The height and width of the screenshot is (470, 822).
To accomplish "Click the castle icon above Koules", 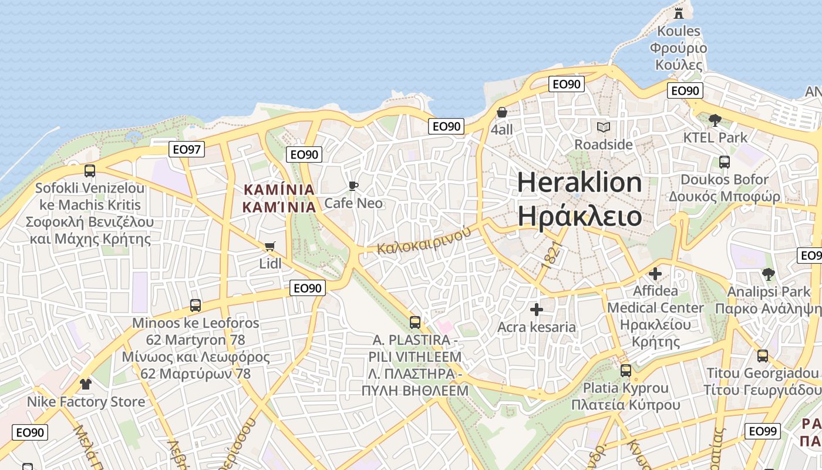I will (679, 13).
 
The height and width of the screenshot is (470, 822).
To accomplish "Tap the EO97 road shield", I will (187, 149).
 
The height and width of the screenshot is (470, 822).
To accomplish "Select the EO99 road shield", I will (763, 431).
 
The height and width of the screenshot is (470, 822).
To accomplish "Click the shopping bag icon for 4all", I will (502, 112).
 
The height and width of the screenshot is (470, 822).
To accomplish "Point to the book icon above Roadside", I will (604, 127).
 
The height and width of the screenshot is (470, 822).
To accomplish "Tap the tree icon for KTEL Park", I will (715, 120).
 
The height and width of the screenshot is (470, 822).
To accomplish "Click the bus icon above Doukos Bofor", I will (725, 162).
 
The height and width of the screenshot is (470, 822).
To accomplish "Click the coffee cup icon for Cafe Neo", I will (353, 186).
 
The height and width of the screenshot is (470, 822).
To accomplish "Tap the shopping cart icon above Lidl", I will (270, 247).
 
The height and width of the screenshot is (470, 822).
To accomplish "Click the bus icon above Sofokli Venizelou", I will (90, 171).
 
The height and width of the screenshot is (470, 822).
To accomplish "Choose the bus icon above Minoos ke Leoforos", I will (196, 305).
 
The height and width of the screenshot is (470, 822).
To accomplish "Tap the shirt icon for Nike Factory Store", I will (86, 384).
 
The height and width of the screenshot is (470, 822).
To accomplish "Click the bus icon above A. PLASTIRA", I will (415, 322).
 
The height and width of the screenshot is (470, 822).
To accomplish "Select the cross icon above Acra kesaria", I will (536, 309).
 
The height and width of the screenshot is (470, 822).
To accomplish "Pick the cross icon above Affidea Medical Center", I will (655, 274).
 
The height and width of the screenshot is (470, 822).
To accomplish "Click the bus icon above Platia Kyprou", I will (626, 371).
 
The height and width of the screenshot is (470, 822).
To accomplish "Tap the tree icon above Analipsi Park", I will (768, 274).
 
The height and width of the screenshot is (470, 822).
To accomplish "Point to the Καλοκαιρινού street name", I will (424, 241).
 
